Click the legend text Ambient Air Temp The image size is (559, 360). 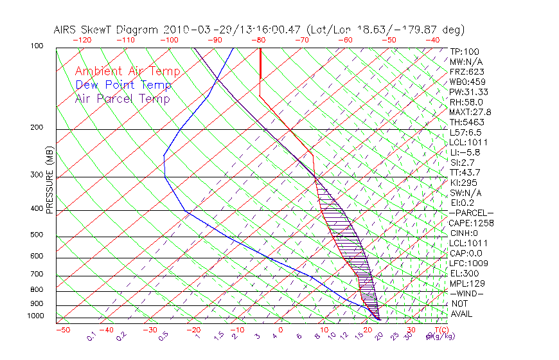127,71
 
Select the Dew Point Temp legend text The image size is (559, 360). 123,85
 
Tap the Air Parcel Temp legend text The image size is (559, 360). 122,98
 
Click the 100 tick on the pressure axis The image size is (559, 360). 37,46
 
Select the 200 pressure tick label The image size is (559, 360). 37,127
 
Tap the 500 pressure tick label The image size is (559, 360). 37,235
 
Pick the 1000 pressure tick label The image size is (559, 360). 35,316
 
